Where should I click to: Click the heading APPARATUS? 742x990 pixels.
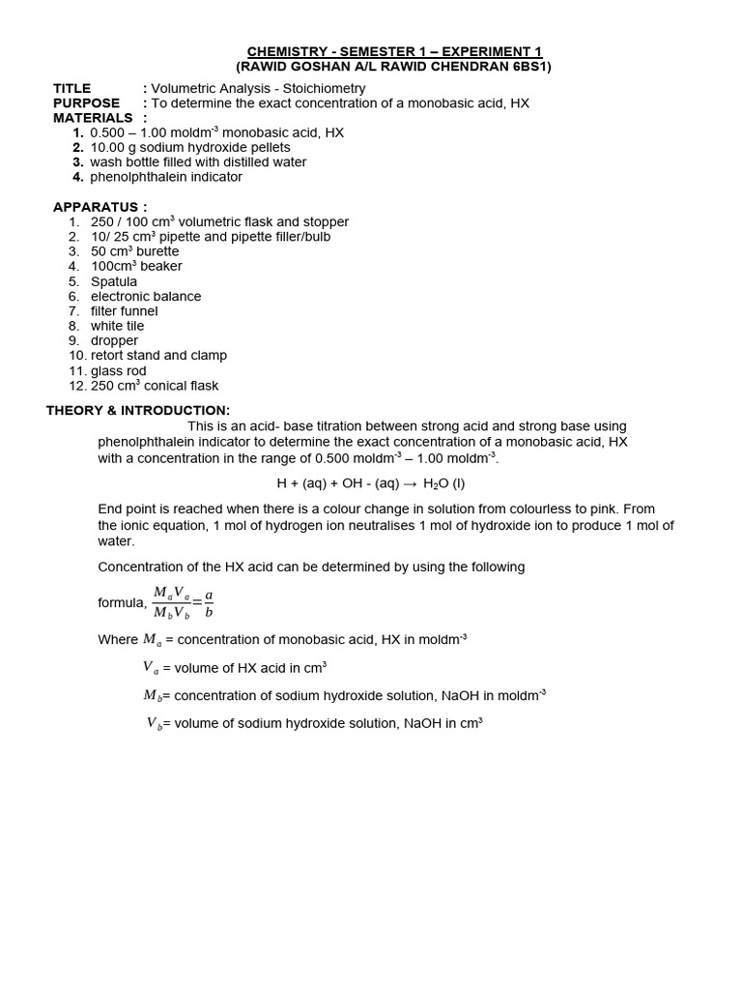coord(100,207)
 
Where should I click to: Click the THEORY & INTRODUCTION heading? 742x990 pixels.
coord(138,410)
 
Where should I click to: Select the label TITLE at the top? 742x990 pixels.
coord(72,88)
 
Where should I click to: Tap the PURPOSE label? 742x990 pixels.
coord(87,102)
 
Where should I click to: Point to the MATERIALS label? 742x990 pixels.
coord(93,118)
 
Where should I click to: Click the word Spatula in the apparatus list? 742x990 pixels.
coord(114,281)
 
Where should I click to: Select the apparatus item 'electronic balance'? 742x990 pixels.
coord(146,296)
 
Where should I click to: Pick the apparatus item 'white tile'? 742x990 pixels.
coord(117,326)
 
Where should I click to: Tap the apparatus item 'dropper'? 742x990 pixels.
coord(114,340)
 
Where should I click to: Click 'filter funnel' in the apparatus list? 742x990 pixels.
coord(125,311)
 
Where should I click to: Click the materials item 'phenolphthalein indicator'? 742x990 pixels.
coord(166,177)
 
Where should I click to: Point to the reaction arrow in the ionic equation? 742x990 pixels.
coord(409,483)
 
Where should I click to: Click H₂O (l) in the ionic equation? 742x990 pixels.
coord(444,483)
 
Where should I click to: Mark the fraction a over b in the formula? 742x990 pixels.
coord(209,603)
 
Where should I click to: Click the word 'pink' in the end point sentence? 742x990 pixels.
coord(611,508)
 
